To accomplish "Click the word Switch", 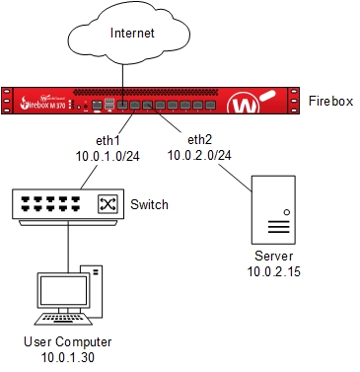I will click(x=149, y=205).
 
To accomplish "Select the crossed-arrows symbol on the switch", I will click(x=106, y=204).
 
